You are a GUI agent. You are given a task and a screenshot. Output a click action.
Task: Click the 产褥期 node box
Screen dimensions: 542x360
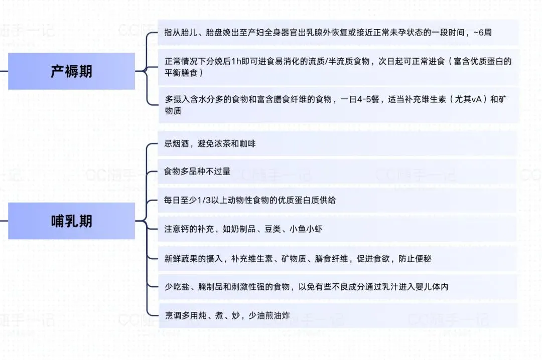(71, 71)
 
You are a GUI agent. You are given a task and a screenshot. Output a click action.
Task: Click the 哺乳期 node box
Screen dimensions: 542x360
(71, 221)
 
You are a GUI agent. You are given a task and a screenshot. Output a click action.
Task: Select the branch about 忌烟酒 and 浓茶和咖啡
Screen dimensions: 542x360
(210, 144)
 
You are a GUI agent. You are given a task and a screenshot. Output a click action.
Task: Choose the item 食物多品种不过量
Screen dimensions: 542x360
(197, 171)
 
